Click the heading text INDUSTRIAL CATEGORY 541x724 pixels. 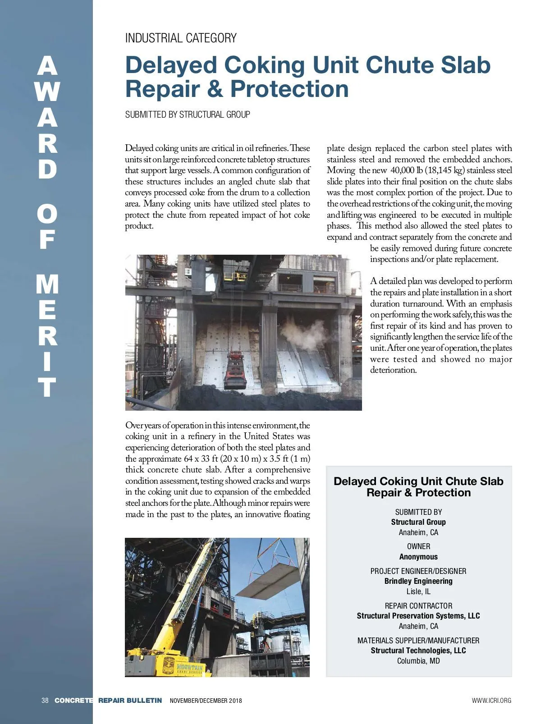click(x=181, y=38)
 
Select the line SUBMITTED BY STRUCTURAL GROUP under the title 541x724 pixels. click(x=188, y=115)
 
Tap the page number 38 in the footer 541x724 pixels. click(x=45, y=701)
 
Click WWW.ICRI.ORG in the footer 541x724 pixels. click(x=491, y=701)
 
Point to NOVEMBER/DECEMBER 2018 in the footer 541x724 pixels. click(x=206, y=701)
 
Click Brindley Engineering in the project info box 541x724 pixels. click(x=418, y=581)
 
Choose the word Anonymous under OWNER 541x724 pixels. click(x=418, y=557)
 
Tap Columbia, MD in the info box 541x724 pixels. click(x=418, y=661)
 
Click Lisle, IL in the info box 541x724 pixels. click(x=418, y=591)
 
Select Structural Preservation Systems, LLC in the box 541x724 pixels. click(x=418, y=616)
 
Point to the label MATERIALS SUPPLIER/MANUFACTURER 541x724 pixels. click(x=418, y=641)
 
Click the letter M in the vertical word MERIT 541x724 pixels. click(x=47, y=285)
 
